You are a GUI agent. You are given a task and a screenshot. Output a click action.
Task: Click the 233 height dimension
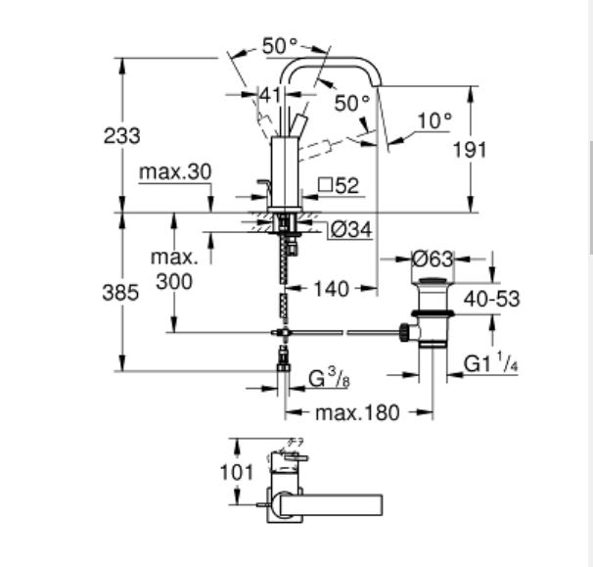pyautogui.click(x=122, y=136)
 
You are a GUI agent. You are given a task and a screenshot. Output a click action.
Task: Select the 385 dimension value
pyautogui.click(x=122, y=293)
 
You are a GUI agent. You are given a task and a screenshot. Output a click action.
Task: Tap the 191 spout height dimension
pyautogui.click(x=496, y=149)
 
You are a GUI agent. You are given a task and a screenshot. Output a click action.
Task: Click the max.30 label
pyautogui.click(x=175, y=172)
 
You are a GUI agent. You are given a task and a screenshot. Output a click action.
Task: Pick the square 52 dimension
pyautogui.click(x=339, y=184)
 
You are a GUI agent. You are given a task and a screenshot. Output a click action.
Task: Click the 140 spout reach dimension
pyautogui.click(x=332, y=289)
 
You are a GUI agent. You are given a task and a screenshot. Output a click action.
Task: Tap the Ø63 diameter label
pyautogui.click(x=432, y=260)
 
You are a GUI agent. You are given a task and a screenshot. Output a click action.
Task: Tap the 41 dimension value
pyautogui.click(x=270, y=94)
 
